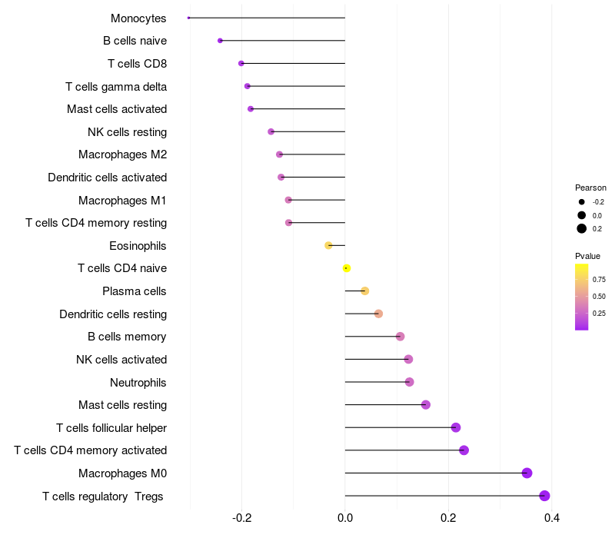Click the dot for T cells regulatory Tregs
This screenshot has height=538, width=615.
[x=544, y=496]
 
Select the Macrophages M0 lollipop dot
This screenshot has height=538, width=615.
[x=527, y=473]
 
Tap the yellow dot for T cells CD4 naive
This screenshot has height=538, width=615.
[x=347, y=268]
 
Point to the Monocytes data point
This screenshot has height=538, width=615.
[x=189, y=18]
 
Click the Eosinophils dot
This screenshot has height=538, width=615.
[x=328, y=245]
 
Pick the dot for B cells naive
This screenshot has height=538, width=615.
[x=220, y=41]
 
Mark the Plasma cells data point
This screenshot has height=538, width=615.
[x=364, y=291]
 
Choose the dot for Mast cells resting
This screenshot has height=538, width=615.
[x=426, y=405]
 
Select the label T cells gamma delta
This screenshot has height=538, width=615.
[x=116, y=86]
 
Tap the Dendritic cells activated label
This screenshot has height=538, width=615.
[x=107, y=178]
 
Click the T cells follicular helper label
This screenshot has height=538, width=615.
[x=111, y=427]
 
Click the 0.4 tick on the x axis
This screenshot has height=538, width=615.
[x=551, y=517]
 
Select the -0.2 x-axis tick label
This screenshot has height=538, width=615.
[x=242, y=517]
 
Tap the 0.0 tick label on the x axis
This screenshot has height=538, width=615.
[x=345, y=517]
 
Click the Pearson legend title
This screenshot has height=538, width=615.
[x=590, y=188]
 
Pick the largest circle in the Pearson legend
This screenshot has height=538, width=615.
[x=582, y=228]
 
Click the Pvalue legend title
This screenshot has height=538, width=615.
[x=587, y=256]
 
